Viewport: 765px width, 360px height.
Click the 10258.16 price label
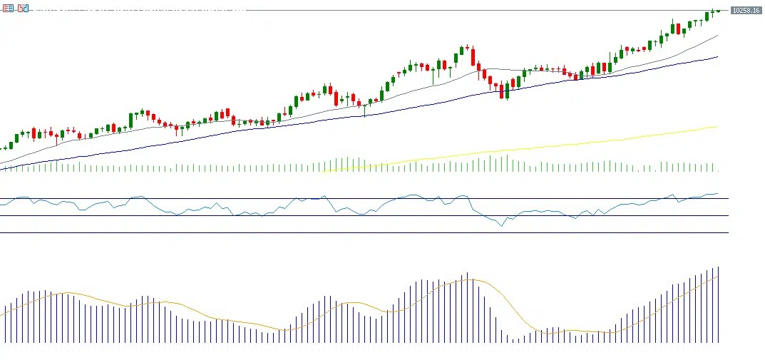click(745, 11)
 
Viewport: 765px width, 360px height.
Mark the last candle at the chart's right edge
click(718, 11)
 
